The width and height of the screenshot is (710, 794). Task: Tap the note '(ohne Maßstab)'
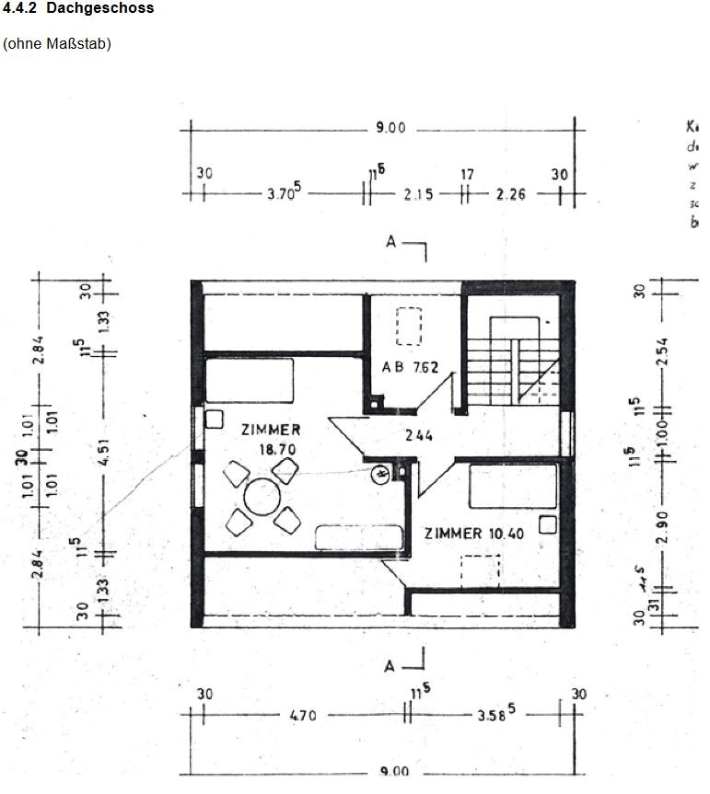[x=57, y=43]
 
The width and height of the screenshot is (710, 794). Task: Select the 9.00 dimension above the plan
[x=390, y=128]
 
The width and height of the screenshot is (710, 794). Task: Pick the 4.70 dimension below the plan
[x=303, y=716]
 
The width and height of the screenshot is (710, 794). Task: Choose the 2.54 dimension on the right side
[x=662, y=351]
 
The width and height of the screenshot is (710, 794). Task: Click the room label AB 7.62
[x=410, y=367]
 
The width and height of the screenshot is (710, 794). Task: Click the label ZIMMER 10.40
[x=473, y=533]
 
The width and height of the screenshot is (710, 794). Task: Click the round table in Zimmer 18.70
[x=262, y=499]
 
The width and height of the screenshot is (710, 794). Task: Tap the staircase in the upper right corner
[x=513, y=361]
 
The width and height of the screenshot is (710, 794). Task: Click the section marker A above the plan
[x=391, y=243]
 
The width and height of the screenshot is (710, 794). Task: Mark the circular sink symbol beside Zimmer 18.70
[x=379, y=476]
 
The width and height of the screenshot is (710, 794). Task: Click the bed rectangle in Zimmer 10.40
[x=512, y=486]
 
